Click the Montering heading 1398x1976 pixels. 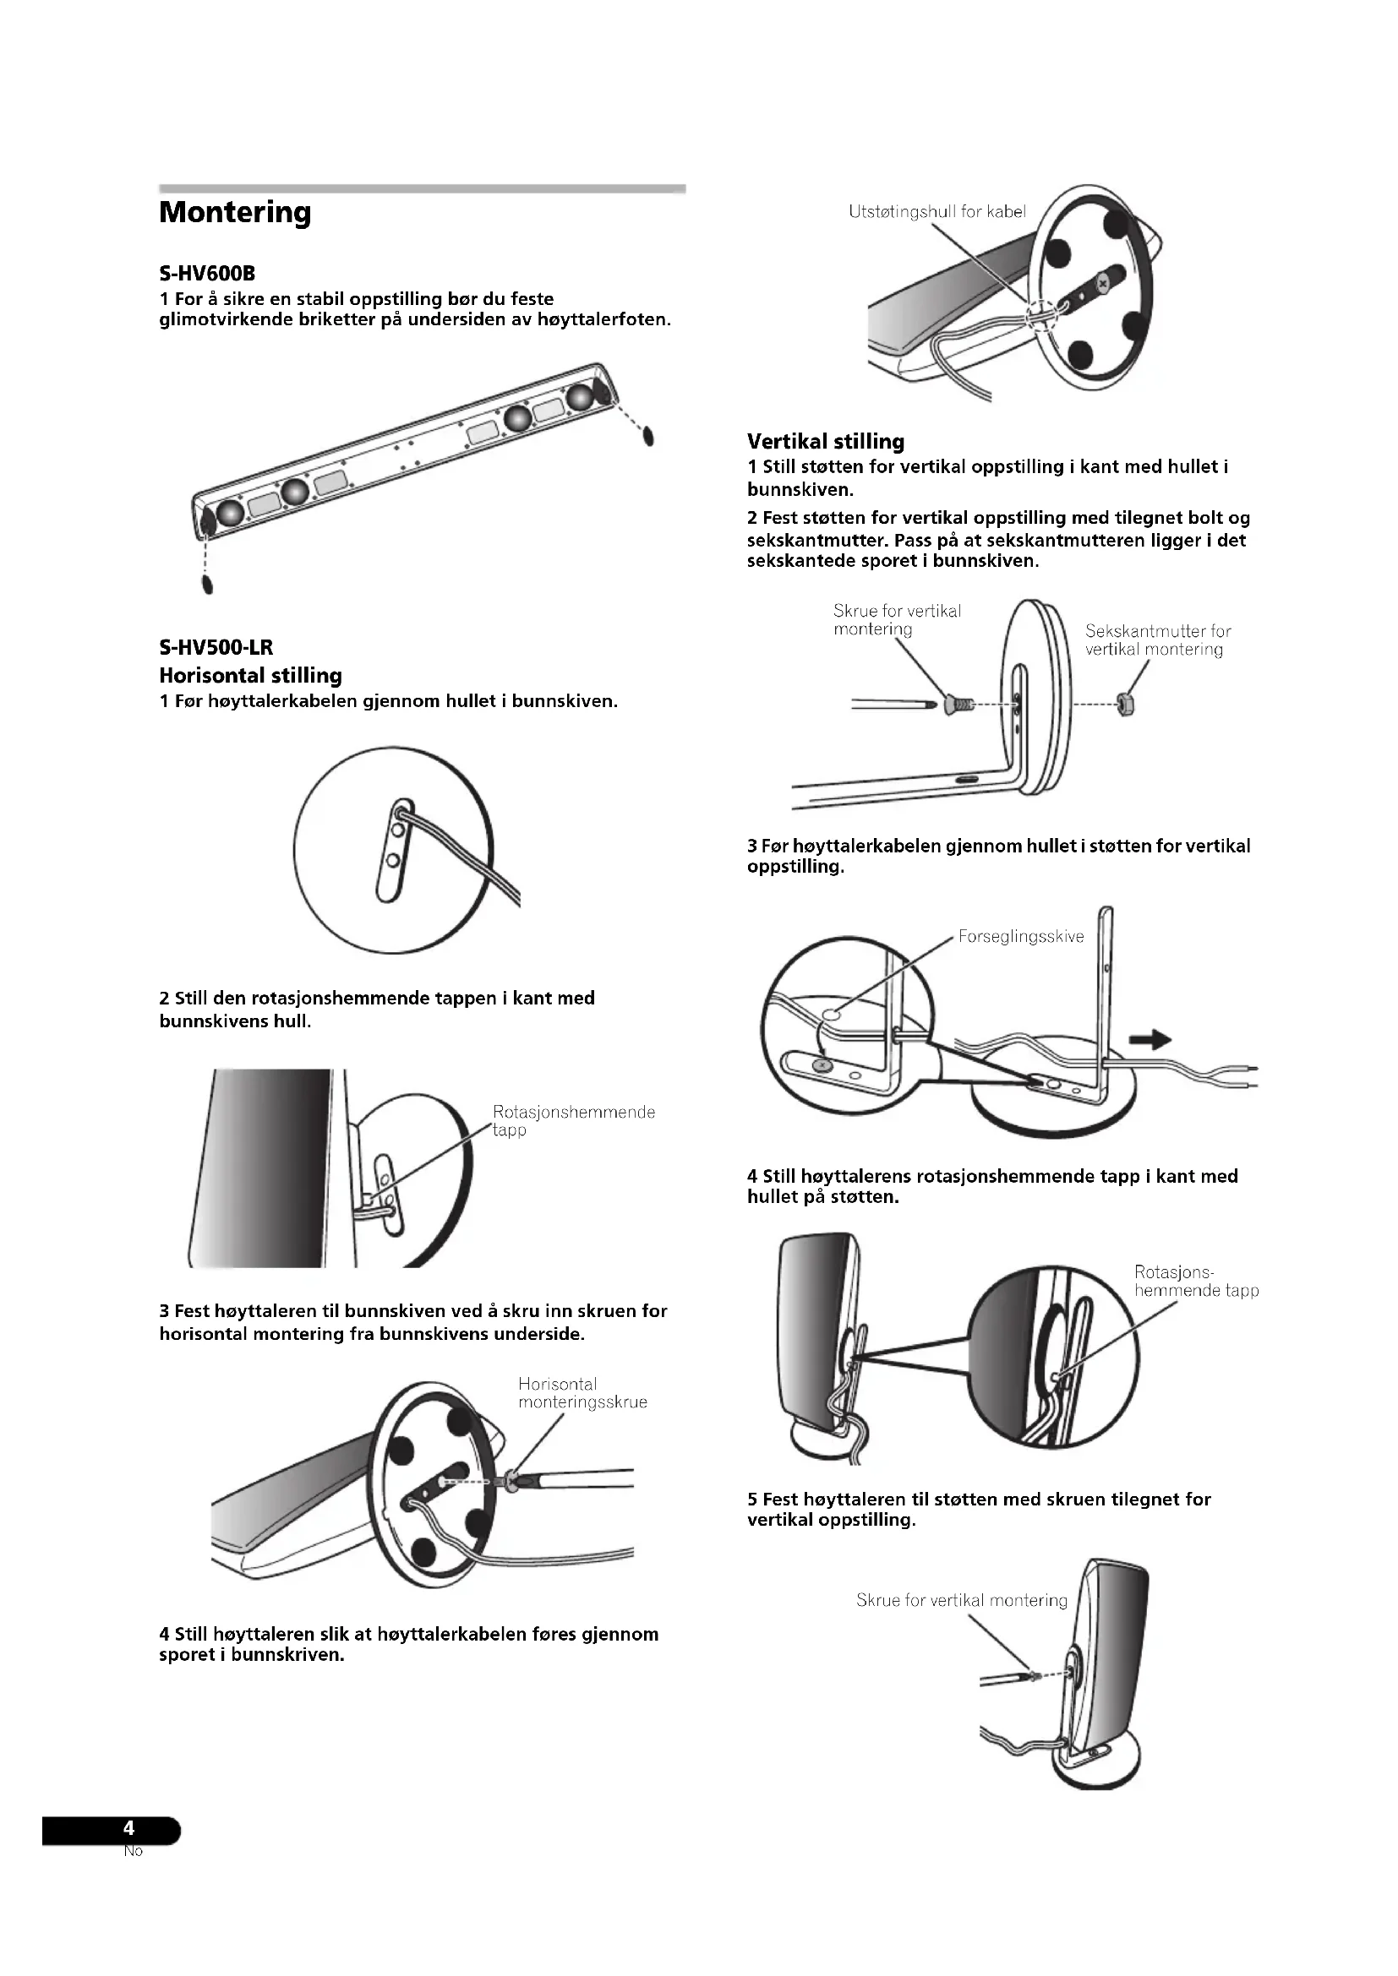pyautogui.click(x=235, y=213)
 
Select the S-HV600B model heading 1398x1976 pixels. pyautogui.click(x=207, y=275)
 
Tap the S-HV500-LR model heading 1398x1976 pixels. pyautogui.click(x=216, y=647)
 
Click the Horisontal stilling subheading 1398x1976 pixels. pyautogui.click(x=250, y=676)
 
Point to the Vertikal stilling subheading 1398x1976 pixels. pyautogui.click(x=826, y=442)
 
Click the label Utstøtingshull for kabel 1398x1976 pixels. pyautogui.click(x=937, y=212)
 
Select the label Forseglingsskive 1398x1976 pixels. pyautogui.click(x=1021, y=936)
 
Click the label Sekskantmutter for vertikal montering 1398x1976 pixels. pyautogui.click(x=1157, y=640)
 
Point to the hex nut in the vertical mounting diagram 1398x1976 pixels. pyautogui.click(x=1125, y=704)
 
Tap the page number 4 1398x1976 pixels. pyautogui.click(x=129, y=1828)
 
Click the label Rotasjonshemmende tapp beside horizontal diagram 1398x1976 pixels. pyautogui.click(x=573, y=1120)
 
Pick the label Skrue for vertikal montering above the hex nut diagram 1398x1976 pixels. pyautogui.click(x=896, y=619)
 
